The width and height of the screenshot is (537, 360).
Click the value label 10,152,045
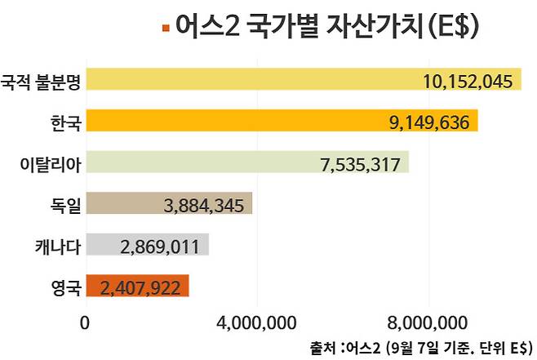(468, 81)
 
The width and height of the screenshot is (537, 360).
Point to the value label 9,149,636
(429, 122)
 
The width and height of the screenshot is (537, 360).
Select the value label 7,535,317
(360, 164)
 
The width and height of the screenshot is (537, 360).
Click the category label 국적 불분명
(41, 80)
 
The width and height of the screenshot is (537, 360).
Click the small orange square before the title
(166, 29)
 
